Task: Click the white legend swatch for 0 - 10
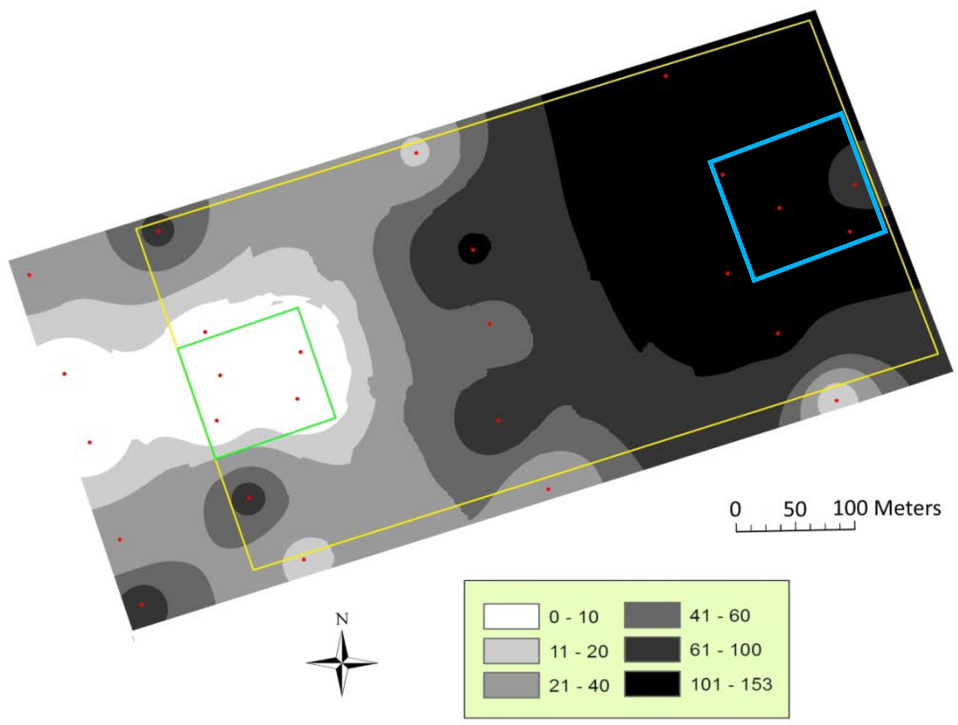coord(511,616)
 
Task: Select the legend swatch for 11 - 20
coord(511,651)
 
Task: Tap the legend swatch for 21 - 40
coord(511,685)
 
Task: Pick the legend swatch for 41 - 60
coord(652,615)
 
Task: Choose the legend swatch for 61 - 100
coord(652,649)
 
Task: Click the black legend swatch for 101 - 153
coord(652,683)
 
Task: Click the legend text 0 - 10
coord(574,617)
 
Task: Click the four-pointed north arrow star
coord(342,663)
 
